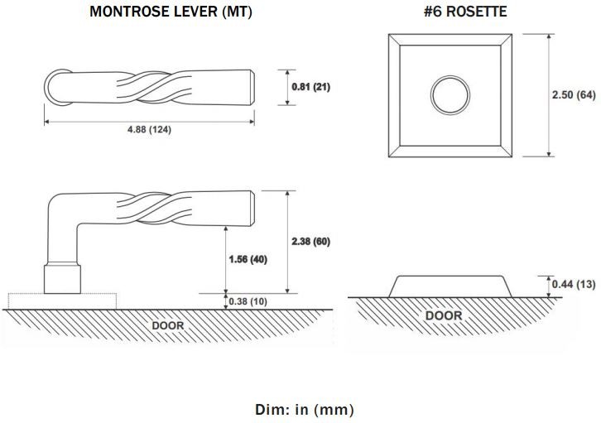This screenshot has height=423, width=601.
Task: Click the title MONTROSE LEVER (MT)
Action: tap(171, 12)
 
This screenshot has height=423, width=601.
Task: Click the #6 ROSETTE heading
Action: tap(465, 12)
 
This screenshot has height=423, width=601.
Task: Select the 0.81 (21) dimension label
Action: tap(310, 87)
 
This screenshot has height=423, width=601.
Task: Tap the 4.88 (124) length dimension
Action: tap(150, 129)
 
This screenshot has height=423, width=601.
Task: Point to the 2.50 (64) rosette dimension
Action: tap(574, 94)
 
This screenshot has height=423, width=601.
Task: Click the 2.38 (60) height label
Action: tap(310, 242)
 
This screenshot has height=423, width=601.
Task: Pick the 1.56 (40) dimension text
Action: tap(248, 259)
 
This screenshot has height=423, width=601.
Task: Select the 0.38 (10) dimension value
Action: tap(248, 301)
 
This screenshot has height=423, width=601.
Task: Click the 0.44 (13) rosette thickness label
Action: tap(574, 284)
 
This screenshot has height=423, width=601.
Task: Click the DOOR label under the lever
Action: tap(168, 325)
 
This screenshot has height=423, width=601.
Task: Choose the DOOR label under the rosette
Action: tap(444, 315)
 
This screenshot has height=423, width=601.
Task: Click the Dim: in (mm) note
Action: tap(305, 409)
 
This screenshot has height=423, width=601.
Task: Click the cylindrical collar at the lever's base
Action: tap(62, 278)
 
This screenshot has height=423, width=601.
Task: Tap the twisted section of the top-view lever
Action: tap(153, 88)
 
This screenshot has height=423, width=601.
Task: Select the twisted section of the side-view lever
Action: tap(153, 208)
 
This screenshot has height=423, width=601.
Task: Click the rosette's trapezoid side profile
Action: tap(450, 286)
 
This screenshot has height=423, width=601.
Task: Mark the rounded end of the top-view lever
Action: tap(48, 87)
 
